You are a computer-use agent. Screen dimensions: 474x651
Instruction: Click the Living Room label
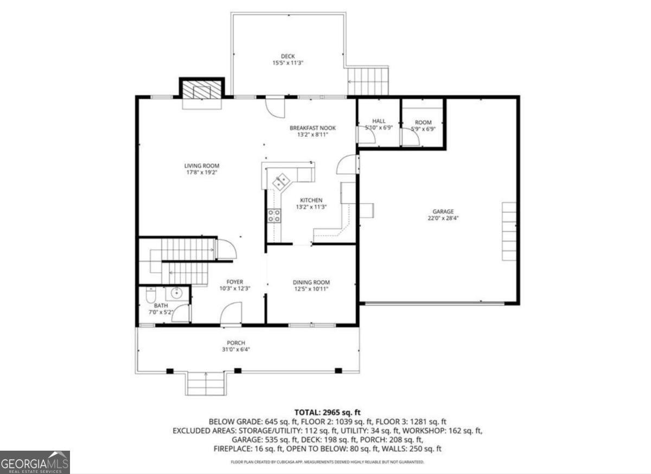202,166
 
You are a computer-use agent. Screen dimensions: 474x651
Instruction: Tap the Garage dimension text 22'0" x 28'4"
443,219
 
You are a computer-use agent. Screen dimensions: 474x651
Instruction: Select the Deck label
288,56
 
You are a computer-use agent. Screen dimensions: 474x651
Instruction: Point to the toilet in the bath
151,295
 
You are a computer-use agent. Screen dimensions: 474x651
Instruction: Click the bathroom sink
177,294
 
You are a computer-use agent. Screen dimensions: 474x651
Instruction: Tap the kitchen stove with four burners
274,216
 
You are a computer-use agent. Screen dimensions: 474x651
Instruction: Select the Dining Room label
311,282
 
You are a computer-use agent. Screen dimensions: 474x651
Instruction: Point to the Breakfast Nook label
312,128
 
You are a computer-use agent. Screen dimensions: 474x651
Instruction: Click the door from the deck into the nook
275,106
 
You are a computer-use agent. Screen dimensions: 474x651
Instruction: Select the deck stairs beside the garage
369,80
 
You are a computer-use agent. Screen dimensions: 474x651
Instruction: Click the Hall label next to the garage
379,121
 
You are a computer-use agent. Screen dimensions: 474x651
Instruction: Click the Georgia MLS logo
35,462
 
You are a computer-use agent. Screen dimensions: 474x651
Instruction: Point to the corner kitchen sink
282,180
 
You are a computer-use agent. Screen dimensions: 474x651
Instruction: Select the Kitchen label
311,200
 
